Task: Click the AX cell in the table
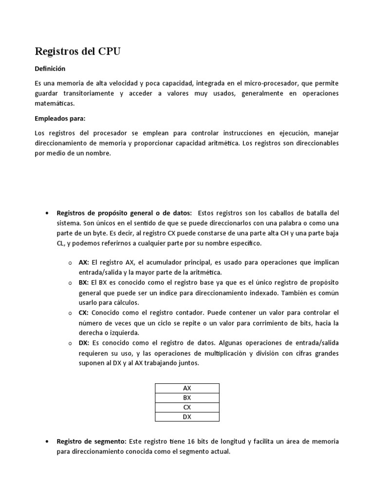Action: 187,388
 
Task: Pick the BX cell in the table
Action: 187,397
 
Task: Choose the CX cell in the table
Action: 187,407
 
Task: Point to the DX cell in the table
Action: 187,416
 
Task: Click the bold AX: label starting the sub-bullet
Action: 84,263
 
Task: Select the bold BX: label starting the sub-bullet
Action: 84,283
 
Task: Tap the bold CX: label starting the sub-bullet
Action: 84,313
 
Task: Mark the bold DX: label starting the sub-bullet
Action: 84,343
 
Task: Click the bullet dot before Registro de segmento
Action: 46,442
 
